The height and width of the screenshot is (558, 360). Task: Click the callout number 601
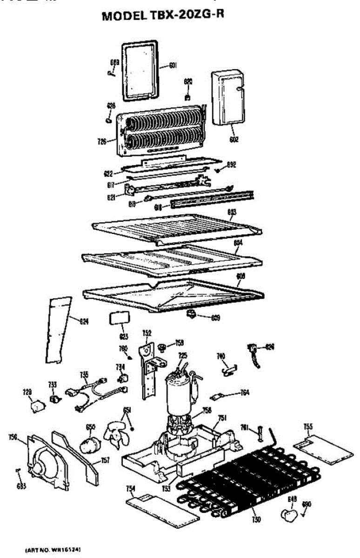(172, 66)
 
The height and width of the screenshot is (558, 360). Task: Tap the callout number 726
(103, 140)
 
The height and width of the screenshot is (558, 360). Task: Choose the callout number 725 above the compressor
(183, 355)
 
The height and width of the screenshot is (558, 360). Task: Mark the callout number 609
(215, 319)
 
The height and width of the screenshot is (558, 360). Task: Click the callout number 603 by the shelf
(233, 212)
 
